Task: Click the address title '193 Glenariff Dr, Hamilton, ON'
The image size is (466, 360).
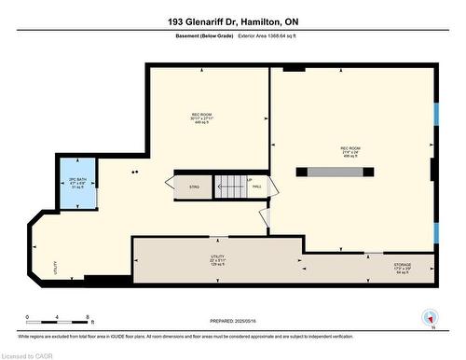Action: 233,21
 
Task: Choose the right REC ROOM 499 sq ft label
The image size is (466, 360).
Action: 350,152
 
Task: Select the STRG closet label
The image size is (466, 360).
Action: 195,187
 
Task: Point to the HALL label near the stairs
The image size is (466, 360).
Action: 256,187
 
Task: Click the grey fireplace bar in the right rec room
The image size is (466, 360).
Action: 336,172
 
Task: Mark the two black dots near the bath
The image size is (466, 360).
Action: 136,172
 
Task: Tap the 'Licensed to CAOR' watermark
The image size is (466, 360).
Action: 30,354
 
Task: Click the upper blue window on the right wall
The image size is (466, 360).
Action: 435,113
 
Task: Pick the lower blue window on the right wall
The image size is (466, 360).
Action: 435,232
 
